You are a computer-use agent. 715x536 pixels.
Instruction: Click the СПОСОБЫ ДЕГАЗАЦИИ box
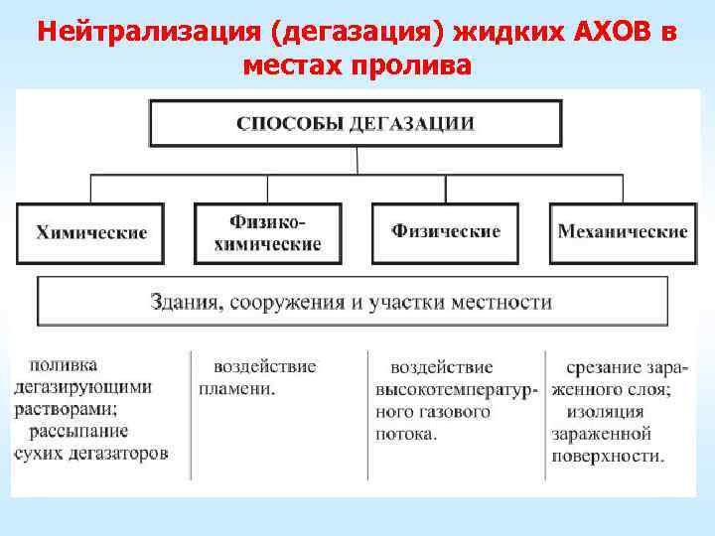(x=356, y=124)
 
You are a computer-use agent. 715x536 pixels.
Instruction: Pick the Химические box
(x=91, y=233)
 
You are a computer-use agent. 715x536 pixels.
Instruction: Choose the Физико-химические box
(x=267, y=233)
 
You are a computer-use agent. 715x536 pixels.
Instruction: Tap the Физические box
(x=445, y=232)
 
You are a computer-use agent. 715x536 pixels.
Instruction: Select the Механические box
(x=623, y=233)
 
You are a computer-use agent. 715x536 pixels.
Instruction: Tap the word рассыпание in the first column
(x=72, y=431)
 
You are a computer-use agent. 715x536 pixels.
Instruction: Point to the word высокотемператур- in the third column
(x=457, y=388)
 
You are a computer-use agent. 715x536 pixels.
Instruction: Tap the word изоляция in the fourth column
(x=602, y=412)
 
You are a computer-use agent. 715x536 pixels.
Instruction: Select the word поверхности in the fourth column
(x=609, y=457)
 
